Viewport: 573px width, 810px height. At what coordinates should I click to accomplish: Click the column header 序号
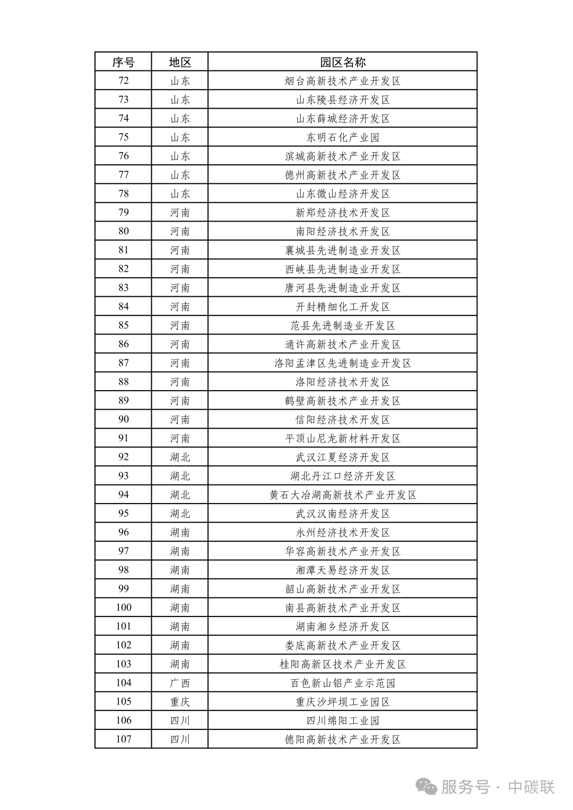[x=123, y=62]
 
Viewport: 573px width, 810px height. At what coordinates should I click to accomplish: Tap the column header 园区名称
[x=342, y=62]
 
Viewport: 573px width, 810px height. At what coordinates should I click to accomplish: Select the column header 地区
[x=180, y=62]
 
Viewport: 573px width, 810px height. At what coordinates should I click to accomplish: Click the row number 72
[x=123, y=81]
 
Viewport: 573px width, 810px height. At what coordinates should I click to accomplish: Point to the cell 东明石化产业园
[x=342, y=137]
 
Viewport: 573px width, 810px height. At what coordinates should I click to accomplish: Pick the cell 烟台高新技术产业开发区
[x=342, y=81]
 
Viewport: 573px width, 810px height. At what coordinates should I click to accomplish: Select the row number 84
[x=123, y=306]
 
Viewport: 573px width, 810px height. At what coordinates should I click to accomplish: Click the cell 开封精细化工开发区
[x=342, y=306]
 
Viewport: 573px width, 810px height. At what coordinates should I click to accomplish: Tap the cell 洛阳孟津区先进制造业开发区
[x=342, y=363]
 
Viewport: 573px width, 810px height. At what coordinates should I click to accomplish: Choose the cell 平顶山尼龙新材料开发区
[x=342, y=438]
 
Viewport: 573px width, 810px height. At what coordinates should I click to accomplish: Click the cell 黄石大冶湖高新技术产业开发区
[x=342, y=495]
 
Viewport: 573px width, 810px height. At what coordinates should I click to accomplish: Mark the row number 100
[x=123, y=607]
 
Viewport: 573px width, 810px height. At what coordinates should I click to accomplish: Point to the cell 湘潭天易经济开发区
[x=342, y=570]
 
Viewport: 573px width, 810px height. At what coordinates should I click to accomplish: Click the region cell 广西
[x=180, y=683]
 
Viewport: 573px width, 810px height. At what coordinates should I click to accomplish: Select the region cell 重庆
[x=180, y=702]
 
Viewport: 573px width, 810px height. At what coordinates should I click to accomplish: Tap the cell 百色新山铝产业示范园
[x=342, y=683]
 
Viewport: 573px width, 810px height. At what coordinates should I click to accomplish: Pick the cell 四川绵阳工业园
[x=342, y=720]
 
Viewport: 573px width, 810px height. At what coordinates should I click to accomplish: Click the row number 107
[x=123, y=739]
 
